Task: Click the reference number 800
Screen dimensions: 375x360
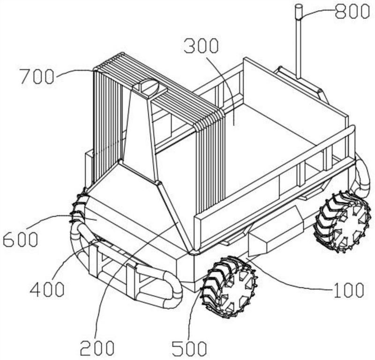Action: click(352, 11)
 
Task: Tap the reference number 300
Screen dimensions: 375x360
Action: click(201, 46)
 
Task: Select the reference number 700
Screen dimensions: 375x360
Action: click(37, 76)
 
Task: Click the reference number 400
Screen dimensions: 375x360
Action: click(47, 289)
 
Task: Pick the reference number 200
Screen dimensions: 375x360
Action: click(97, 347)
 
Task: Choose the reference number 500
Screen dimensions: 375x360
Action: click(189, 348)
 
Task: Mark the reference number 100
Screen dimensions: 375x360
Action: click(349, 290)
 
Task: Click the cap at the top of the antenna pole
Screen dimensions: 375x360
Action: click(298, 12)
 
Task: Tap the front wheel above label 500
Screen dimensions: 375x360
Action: click(229, 287)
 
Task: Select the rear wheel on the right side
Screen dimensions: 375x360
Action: click(343, 222)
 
